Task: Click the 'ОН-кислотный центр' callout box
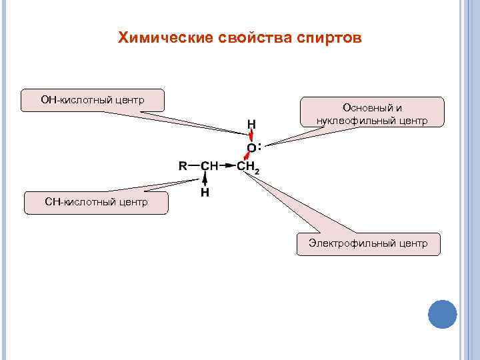93,100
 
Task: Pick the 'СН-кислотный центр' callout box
96,201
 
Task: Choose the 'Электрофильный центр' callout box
368,243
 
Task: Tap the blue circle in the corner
442,313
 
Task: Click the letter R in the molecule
183,165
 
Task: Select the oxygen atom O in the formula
251,147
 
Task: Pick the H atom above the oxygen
251,123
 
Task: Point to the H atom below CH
205,192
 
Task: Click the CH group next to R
210,165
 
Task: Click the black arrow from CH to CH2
227,165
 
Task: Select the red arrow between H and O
251,135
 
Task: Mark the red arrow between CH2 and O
249,157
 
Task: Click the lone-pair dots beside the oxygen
259,146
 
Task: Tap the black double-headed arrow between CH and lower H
205,179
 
